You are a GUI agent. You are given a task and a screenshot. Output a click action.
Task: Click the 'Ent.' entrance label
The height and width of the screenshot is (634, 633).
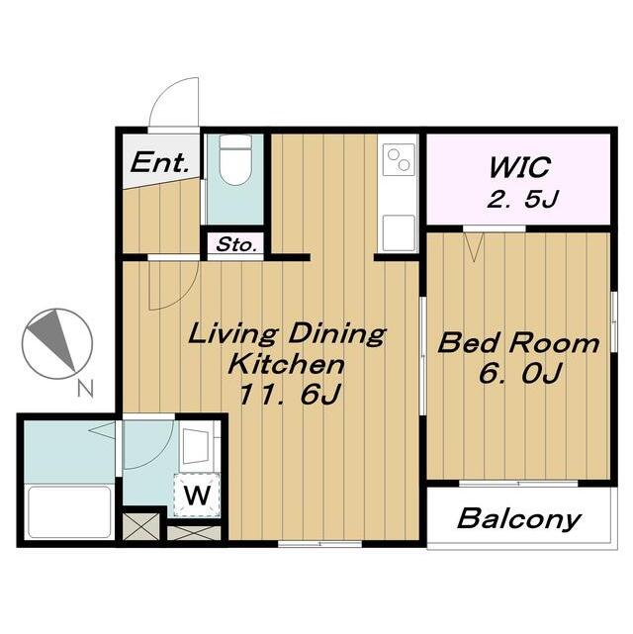(x=159, y=162)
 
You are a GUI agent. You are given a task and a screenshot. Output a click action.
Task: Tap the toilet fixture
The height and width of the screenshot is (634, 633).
(x=235, y=159)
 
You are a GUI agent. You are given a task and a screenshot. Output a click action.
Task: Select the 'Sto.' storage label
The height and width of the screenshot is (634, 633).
(x=236, y=244)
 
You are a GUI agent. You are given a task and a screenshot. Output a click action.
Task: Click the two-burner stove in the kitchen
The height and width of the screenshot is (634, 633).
(x=399, y=159)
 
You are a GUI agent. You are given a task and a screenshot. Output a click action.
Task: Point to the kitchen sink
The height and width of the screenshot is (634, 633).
(x=399, y=233)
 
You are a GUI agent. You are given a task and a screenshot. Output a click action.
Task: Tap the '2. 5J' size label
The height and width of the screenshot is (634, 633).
(x=522, y=199)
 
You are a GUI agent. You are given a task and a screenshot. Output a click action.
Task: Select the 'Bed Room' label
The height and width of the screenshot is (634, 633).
(x=518, y=343)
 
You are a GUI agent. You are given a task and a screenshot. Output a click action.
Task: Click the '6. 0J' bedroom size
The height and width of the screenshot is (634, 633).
(x=520, y=373)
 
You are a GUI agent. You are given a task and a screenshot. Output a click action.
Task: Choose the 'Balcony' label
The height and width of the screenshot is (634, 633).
(x=519, y=518)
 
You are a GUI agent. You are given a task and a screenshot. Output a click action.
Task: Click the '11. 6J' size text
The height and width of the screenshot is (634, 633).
(x=290, y=395)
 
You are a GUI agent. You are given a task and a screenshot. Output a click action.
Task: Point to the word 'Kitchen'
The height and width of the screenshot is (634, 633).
(x=286, y=364)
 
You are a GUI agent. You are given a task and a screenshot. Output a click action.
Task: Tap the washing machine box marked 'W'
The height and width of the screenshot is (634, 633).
(x=197, y=495)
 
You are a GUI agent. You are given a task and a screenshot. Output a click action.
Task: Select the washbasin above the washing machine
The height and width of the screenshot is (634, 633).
(x=196, y=446)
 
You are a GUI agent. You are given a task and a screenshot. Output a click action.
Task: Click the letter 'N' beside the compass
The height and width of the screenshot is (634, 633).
(x=85, y=389)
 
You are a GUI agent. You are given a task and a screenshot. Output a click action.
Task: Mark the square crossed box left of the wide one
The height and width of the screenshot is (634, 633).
(x=140, y=526)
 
